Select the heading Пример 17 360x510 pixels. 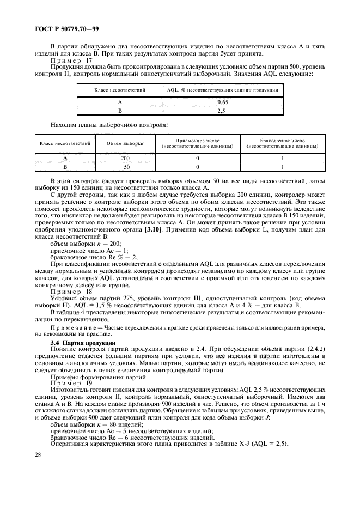[x=68, y=61]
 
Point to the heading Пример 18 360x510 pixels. [x=68, y=292]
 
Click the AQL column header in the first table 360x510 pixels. [x=222, y=89]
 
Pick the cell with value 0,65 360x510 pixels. [x=222, y=102]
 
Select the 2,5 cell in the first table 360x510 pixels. [x=222, y=110]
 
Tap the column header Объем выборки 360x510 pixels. [x=125, y=143]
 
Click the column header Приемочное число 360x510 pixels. [x=198, y=143]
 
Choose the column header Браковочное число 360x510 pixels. [x=283, y=143]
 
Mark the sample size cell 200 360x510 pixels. [x=125, y=159]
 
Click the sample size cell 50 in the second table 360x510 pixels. [x=125, y=167]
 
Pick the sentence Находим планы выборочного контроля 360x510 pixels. [x=109, y=124]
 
